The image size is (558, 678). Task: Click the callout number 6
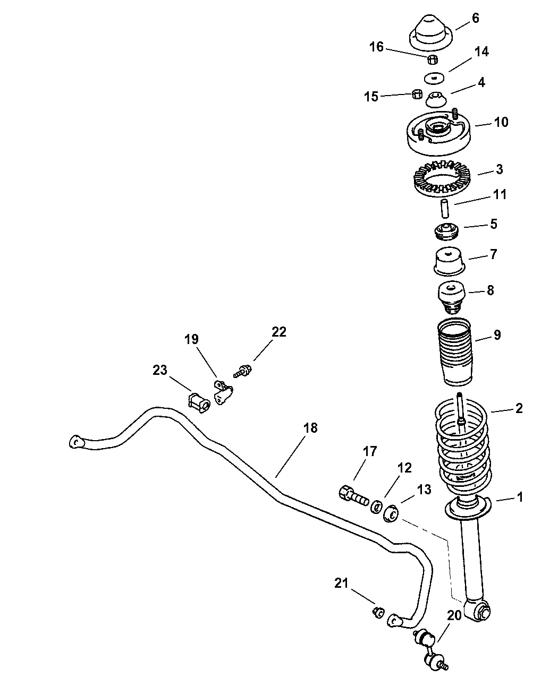click(475, 19)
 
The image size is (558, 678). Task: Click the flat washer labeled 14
click(435, 79)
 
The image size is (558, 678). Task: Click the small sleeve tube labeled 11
click(444, 207)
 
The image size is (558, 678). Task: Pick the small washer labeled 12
click(377, 507)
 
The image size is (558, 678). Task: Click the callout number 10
click(501, 122)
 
